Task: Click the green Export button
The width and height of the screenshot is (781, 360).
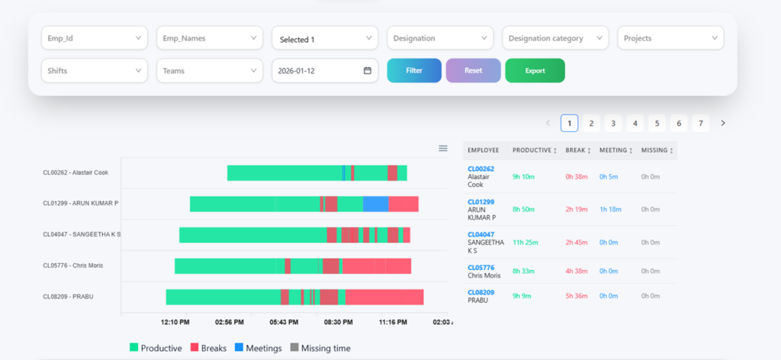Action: (x=535, y=71)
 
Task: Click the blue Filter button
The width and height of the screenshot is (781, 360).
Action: (x=414, y=71)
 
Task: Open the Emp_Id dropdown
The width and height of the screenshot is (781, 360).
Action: (x=95, y=38)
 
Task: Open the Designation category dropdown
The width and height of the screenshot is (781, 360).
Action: (x=555, y=38)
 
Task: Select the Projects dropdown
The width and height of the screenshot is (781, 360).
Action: (x=671, y=38)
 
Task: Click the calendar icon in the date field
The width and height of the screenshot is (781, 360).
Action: (x=368, y=71)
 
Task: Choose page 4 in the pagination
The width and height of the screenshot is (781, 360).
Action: (x=635, y=123)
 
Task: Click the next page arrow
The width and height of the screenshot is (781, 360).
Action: (x=723, y=123)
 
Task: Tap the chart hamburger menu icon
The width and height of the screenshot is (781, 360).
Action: (x=443, y=149)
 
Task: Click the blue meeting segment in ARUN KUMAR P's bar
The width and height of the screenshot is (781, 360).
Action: (x=375, y=204)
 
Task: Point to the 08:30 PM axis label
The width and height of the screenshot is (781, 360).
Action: (x=339, y=322)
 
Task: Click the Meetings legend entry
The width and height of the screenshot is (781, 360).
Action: (x=259, y=348)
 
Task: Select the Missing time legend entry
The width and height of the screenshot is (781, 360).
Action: (x=321, y=348)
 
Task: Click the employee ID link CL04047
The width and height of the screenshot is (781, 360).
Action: (x=480, y=234)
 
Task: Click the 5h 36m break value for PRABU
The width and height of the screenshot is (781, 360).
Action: (x=577, y=296)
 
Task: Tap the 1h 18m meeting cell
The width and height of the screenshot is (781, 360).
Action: (x=610, y=210)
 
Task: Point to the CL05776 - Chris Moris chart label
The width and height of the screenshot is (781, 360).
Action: (x=73, y=265)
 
